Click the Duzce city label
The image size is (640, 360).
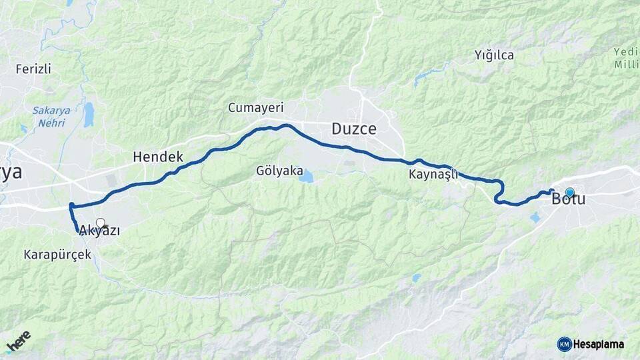pos(354,129)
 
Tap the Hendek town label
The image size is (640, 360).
pos(157,157)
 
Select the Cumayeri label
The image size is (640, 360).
pos(256,107)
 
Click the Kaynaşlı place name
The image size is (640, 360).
pos(434,175)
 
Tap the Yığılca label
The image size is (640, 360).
pos(494,55)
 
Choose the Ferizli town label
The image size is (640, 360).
pos(33,69)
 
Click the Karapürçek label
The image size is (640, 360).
pos(57,255)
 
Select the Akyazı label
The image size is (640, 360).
pos(99,231)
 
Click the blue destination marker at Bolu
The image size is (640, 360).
pos(569,192)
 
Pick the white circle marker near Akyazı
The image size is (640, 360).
pos(100,223)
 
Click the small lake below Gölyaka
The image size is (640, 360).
pos(306,177)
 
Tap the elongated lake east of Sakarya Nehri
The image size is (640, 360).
pos(89,114)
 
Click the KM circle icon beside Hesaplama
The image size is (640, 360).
pos(564,344)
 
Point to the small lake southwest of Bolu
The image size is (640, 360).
pos(535,217)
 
